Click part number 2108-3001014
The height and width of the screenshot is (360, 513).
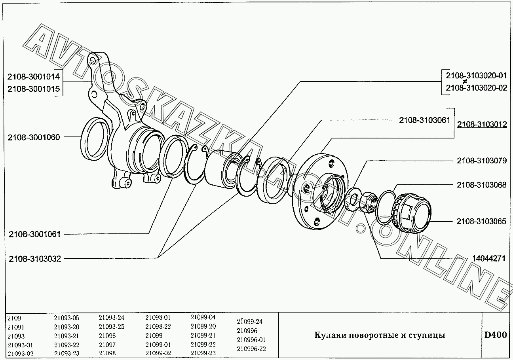point(33,76)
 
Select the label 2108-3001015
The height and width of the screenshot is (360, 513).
point(34,89)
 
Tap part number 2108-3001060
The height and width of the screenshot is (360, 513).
point(34,137)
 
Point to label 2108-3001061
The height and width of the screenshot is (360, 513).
point(34,234)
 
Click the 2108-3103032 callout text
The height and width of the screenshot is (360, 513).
point(35,259)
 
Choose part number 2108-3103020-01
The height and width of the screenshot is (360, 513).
point(476,76)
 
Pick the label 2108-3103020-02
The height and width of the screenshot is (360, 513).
point(476,88)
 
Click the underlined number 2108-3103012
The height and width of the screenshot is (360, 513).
point(482,124)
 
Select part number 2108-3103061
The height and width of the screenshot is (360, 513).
point(425,120)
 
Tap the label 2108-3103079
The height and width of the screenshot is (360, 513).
point(482,161)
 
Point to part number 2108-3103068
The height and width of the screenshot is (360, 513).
point(482,185)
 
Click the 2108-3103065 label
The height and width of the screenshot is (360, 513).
point(481,221)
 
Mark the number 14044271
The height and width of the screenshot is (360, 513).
point(489,258)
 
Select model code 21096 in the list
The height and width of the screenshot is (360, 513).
point(107,335)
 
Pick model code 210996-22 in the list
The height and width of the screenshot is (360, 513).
point(251,349)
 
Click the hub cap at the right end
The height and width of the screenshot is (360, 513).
point(412,213)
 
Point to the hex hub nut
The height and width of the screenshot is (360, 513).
point(368,202)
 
